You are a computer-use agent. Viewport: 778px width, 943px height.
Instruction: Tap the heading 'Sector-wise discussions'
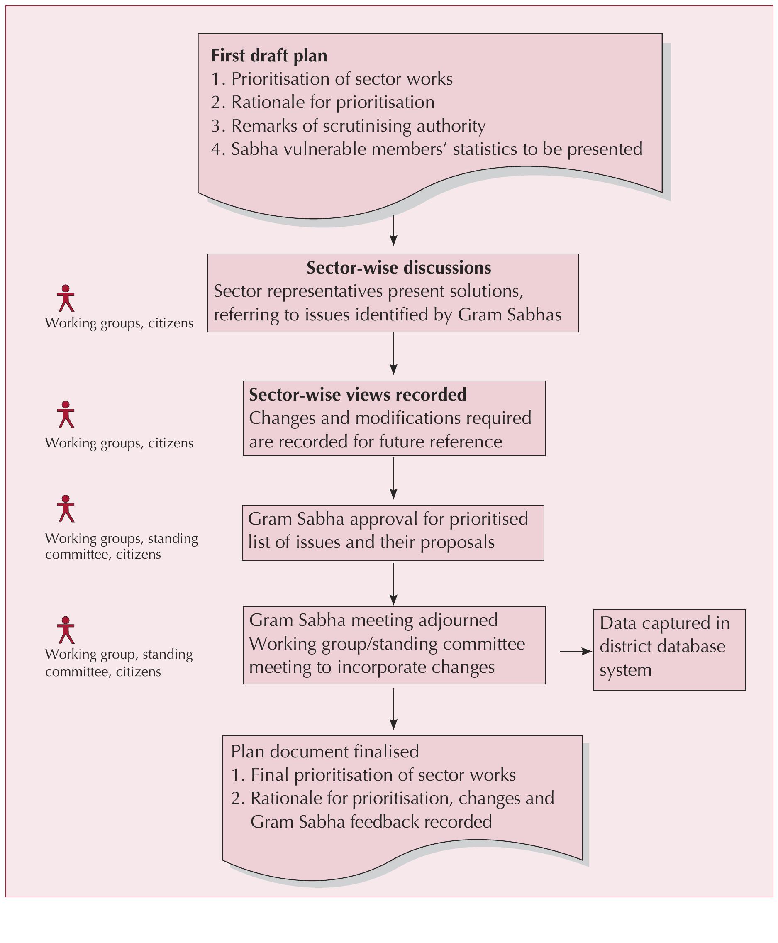398,268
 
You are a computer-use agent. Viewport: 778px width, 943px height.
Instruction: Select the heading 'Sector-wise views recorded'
358,394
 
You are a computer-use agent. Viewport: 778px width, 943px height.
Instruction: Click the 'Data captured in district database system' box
669,649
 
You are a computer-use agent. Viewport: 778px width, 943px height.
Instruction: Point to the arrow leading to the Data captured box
576,651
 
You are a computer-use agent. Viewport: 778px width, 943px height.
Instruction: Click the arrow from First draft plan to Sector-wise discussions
393,230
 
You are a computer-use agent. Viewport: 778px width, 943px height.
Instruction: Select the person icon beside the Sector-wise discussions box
66,298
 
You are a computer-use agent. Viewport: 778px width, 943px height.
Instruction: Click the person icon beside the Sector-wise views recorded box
66,415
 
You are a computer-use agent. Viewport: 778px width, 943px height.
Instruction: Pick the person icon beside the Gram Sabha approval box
66,509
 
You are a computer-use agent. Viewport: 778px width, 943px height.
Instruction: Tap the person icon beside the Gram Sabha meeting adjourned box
66,630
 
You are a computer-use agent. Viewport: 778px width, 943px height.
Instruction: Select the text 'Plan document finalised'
325,752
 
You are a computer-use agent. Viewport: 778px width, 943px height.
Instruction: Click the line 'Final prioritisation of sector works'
383,775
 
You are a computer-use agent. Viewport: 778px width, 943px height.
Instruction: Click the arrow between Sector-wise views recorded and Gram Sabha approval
393,478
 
